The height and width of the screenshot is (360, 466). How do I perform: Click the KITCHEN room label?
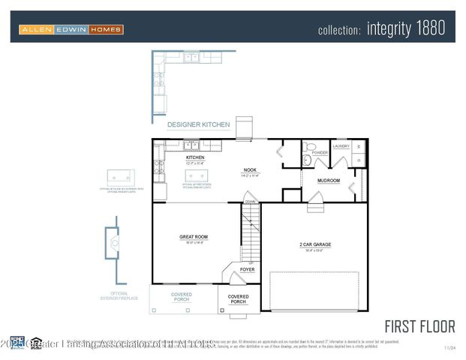click(x=195, y=157)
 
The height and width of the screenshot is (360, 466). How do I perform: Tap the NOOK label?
click(x=250, y=170)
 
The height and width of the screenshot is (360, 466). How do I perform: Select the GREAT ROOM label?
click(x=193, y=237)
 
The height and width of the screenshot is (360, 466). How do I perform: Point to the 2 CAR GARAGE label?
click(x=315, y=244)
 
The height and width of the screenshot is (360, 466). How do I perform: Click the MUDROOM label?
click(x=329, y=181)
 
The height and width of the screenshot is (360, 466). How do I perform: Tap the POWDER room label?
click(x=320, y=153)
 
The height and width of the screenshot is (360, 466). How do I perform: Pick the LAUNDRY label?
click(x=341, y=147)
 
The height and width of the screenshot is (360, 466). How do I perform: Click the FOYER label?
click(x=247, y=269)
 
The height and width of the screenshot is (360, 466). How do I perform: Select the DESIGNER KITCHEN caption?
click(x=198, y=124)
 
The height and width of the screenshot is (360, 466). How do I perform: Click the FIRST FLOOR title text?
click(x=419, y=326)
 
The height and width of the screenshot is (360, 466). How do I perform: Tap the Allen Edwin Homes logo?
click(x=71, y=29)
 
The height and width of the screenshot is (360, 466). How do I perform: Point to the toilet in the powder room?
click(x=308, y=148)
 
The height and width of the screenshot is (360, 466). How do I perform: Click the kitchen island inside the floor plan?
click(x=197, y=176)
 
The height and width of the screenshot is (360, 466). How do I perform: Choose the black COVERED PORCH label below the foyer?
click(x=238, y=299)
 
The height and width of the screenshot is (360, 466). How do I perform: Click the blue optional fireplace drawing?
click(x=112, y=242)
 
